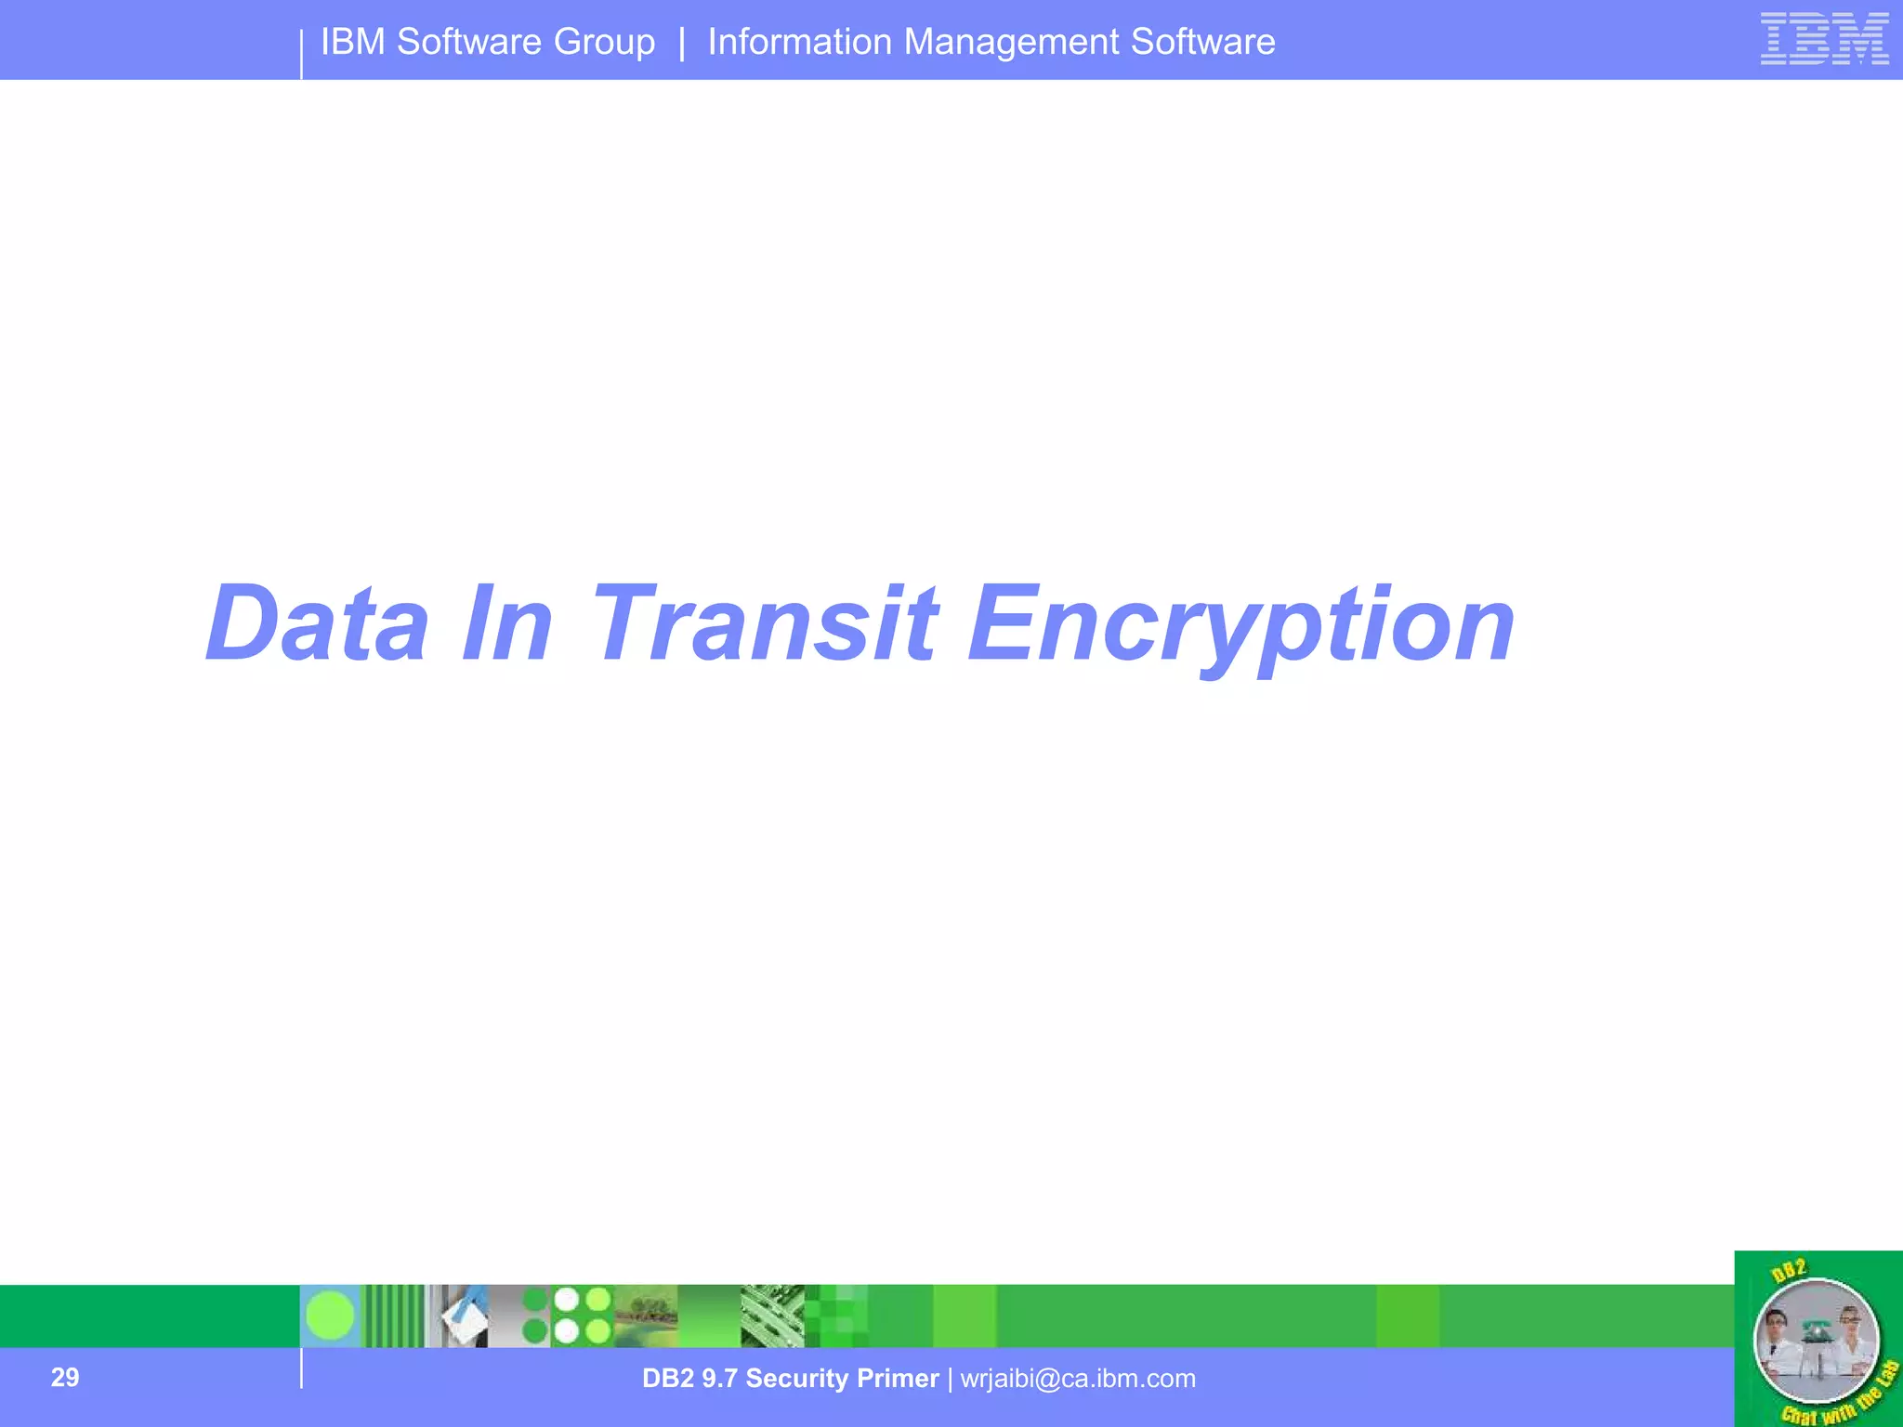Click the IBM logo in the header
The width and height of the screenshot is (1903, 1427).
click(1824, 39)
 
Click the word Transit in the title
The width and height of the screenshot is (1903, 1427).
click(763, 623)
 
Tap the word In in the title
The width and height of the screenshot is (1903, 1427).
click(507, 623)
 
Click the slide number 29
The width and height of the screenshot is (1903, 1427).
click(65, 1377)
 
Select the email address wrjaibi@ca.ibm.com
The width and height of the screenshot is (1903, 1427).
click(1078, 1378)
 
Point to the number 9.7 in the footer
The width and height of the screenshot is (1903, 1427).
click(719, 1378)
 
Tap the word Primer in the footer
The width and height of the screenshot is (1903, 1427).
click(898, 1378)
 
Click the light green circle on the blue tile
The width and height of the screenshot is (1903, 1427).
click(330, 1316)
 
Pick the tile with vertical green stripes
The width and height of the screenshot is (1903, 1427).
click(393, 1316)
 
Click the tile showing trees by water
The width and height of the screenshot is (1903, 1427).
click(646, 1316)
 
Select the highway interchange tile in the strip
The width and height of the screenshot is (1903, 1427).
click(772, 1316)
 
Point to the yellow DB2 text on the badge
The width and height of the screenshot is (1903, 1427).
click(1789, 1270)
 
